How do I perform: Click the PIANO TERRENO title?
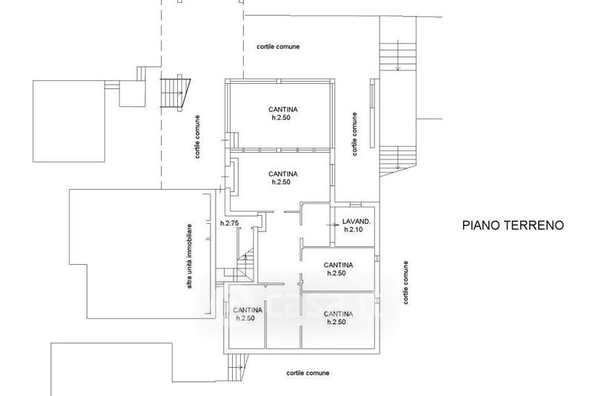click(x=513, y=225)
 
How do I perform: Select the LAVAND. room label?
click(x=357, y=222)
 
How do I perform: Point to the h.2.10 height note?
click(x=354, y=230)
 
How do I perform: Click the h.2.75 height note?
click(x=230, y=223)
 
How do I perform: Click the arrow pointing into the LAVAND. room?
click(x=334, y=225)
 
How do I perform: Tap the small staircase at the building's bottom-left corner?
click(x=237, y=367)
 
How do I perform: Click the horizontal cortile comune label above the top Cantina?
click(x=278, y=47)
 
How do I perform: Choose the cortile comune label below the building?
click(x=308, y=373)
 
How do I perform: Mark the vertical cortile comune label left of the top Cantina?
click(x=197, y=136)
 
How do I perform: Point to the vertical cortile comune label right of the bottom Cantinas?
click(x=405, y=283)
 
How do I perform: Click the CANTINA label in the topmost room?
click(x=283, y=110)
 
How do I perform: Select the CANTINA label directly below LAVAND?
click(x=339, y=265)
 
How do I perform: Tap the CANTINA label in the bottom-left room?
click(x=248, y=310)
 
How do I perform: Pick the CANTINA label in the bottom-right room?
click(x=339, y=314)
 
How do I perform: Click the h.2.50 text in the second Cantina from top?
click(x=281, y=182)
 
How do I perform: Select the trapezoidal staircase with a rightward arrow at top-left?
click(x=176, y=93)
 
